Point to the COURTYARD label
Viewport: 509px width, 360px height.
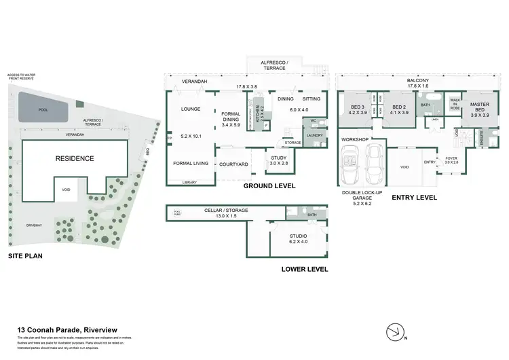click(x=233, y=164)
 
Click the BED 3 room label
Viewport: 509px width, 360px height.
click(x=358, y=107)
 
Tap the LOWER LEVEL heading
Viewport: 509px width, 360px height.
click(x=305, y=270)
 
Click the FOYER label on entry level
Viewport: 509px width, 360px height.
click(x=451, y=159)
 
